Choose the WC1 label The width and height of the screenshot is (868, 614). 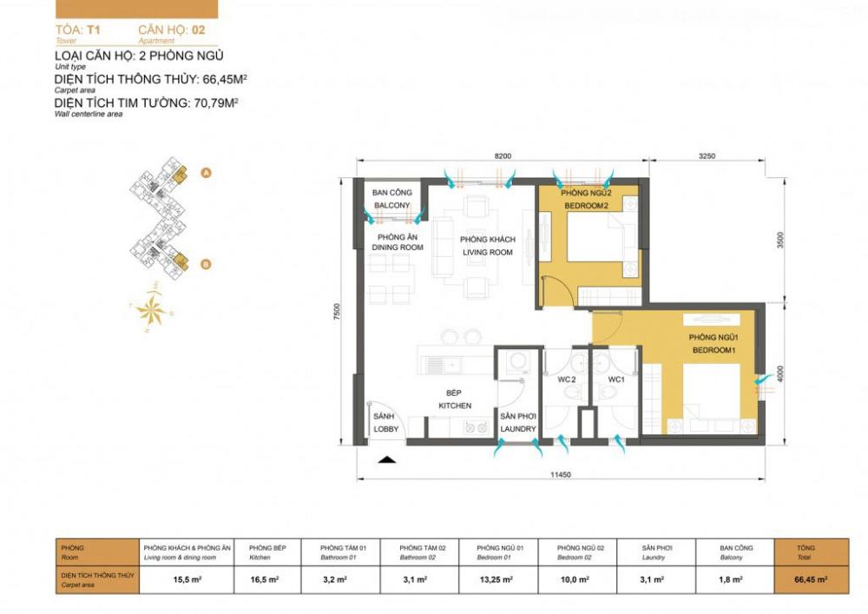click(616, 380)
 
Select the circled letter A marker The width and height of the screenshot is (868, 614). click(207, 173)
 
